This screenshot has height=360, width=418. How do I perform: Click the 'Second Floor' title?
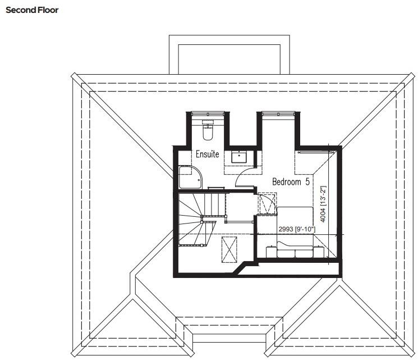(x=32, y=10)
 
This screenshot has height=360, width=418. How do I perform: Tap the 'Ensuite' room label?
(x=207, y=154)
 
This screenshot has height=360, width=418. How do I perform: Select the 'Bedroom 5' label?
(x=291, y=182)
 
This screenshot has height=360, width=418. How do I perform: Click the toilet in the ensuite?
(x=206, y=131)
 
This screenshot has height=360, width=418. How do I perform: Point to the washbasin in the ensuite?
(x=240, y=156)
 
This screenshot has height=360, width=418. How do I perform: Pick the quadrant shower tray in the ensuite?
(x=186, y=177)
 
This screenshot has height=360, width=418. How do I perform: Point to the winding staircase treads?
(x=194, y=219)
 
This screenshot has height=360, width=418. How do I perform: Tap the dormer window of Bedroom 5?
(x=277, y=114)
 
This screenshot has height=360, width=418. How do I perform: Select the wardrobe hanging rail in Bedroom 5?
(x=314, y=152)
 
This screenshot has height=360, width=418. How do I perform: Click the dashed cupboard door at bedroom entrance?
(x=267, y=203)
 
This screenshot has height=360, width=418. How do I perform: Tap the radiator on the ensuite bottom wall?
(x=216, y=188)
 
